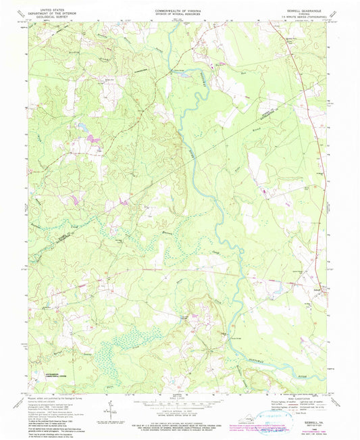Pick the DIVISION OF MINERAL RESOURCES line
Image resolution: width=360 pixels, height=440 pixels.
(x=180, y=15)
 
